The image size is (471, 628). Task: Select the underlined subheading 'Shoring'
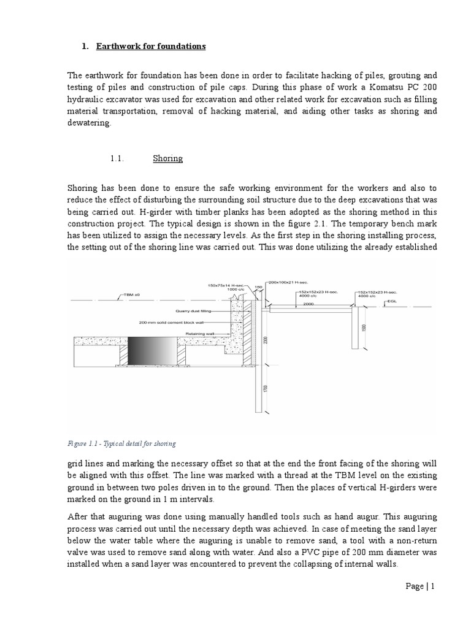[x=167, y=158]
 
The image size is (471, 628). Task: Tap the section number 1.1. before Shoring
[x=118, y=158]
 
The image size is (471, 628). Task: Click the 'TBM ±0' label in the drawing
[x=129, y=295]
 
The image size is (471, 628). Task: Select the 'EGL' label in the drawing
[x=391, y=302]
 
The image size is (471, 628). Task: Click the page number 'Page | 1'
[x=419, y=586]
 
